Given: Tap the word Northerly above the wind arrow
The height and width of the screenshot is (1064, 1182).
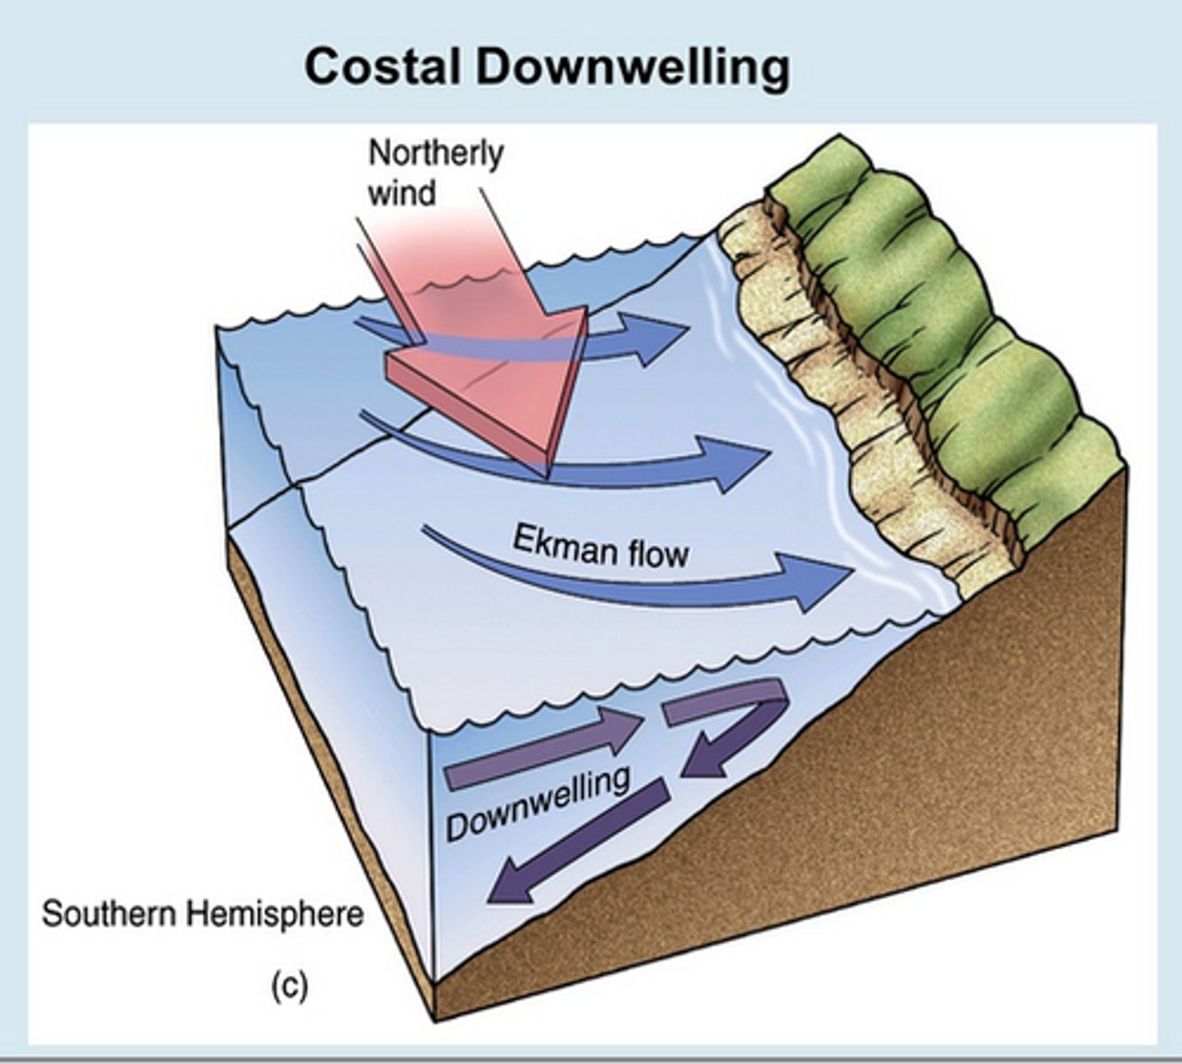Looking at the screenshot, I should pos(434,153).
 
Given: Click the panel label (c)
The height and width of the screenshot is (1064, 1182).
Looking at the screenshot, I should pos(289,986).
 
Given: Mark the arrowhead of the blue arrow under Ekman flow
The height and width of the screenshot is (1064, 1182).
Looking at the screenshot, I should pos(820,582).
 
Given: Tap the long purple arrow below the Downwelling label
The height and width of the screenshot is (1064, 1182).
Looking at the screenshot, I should pos(576,843).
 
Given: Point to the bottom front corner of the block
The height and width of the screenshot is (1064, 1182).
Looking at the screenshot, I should pos(435,1020).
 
